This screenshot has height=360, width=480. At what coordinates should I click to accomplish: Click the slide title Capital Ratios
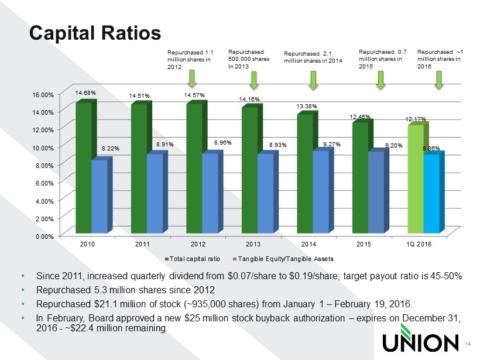pos(95,33)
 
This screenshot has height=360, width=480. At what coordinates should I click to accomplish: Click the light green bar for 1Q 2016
pos(415,178)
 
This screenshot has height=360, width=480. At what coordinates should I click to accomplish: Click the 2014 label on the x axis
pos(308,244)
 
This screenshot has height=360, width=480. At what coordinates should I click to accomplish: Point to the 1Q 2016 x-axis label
pos(419,244)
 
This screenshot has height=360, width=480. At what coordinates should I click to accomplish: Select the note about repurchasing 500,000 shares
pos(248,59)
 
